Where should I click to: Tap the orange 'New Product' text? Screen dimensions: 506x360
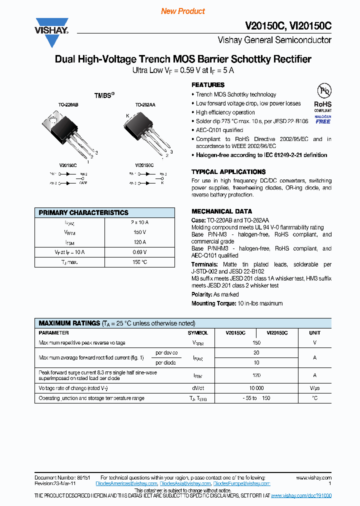click(x=182, y=11)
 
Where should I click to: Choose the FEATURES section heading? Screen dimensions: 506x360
click(x=208, y=85)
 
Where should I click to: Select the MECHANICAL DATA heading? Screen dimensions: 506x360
click(x=221, y=211)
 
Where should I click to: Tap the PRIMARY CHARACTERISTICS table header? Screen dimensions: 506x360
click(x=83, y=212)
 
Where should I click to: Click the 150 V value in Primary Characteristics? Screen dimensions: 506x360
click(x=139, y=232)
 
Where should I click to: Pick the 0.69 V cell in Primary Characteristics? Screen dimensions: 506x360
click(x=139, y=252)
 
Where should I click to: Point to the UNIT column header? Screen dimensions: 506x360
click(x=314, y=332)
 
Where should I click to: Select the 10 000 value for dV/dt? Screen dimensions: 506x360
click(x=256, y=388)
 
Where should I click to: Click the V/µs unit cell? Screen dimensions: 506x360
click(x=314, y=388)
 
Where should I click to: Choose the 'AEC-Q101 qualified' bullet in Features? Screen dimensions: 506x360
click(x=219, y=130)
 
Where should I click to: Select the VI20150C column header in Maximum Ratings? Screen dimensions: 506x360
click(x=277, y=332)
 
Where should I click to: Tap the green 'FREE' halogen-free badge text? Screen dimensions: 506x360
click(x=323, y=121)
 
